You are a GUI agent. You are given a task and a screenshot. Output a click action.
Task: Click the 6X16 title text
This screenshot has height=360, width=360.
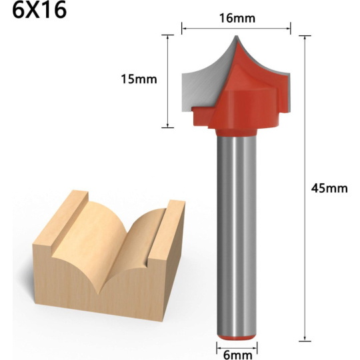[x=39, y=10]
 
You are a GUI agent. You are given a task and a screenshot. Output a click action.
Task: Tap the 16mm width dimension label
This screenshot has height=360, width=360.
[x=237, y=18]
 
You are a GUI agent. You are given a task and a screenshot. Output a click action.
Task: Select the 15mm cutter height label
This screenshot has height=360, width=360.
[x=139, y=79]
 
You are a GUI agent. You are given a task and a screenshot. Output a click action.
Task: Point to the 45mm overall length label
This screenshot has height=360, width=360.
[x=329, y=188]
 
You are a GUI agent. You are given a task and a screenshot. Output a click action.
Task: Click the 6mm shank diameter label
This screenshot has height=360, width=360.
[x=237, y=355]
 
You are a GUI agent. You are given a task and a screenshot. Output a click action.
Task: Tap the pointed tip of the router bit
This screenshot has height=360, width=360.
[x=236, y=36]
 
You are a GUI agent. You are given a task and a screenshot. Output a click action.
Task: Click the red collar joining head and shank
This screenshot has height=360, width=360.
[x=236, y=133]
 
